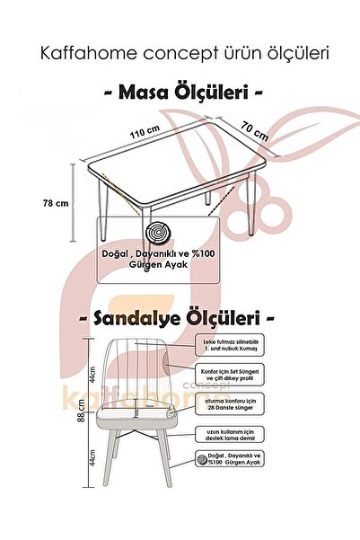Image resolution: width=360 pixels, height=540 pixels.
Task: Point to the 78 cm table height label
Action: [56, 203]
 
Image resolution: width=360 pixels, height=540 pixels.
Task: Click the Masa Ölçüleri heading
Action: [180, 92]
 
